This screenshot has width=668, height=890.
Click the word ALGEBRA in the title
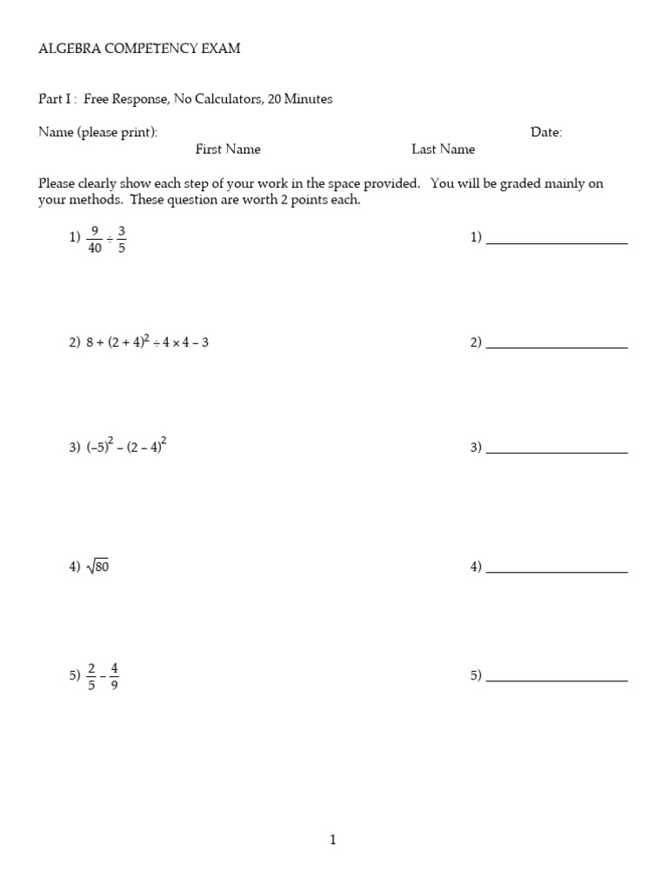65,49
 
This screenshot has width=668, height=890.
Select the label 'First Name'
228,149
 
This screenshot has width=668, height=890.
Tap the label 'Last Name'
444,149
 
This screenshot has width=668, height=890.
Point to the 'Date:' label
546,132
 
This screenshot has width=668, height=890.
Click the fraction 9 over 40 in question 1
94,238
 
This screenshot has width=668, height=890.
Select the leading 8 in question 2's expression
90,342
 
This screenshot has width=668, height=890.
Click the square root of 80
97,568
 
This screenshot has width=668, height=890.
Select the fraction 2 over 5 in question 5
92,674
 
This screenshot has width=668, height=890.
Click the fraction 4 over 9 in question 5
115,674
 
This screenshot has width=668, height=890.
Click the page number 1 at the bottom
333,840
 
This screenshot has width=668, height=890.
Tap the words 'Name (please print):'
98,132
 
